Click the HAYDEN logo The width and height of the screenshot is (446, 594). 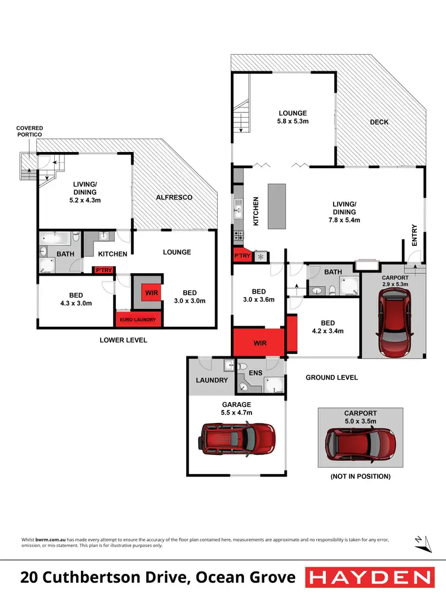click(369, 577)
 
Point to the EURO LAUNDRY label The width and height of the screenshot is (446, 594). click(138, 320)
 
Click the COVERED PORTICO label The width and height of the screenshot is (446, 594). click(29, 131)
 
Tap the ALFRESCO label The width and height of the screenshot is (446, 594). click(174, 197)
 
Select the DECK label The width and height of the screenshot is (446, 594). click(379, 122)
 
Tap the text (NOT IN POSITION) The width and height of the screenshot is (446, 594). click(360, 476)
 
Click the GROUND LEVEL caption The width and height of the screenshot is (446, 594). click(332, 377)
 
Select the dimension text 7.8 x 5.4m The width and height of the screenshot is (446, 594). click(344, 220)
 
